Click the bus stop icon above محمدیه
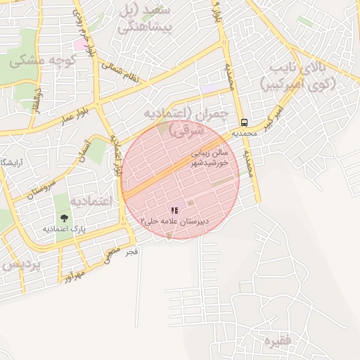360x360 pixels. coord(243,121)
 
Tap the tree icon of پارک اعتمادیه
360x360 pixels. coord(65,219)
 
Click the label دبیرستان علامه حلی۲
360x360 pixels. coord(175,221)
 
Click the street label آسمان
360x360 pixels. coord(91,148)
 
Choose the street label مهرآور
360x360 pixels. coord(72,271)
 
